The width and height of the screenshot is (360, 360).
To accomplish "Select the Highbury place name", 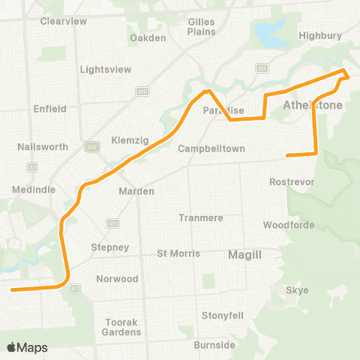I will (x=319, y=35).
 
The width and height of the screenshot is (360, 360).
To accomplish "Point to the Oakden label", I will (x=147, y=37).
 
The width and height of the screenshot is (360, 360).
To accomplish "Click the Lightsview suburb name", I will (x=105, y=70).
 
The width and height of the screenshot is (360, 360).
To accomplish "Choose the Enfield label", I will (x=50, y=109).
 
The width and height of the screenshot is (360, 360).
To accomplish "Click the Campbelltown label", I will (x=211, y=148).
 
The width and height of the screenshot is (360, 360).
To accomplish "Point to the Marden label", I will (x=136, y=191).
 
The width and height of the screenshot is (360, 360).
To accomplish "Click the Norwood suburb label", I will (x=117, y=279).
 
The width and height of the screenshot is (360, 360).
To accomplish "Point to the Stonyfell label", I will (x=223, y=315).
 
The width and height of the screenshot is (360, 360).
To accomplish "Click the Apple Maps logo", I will (x=28, y=347).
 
